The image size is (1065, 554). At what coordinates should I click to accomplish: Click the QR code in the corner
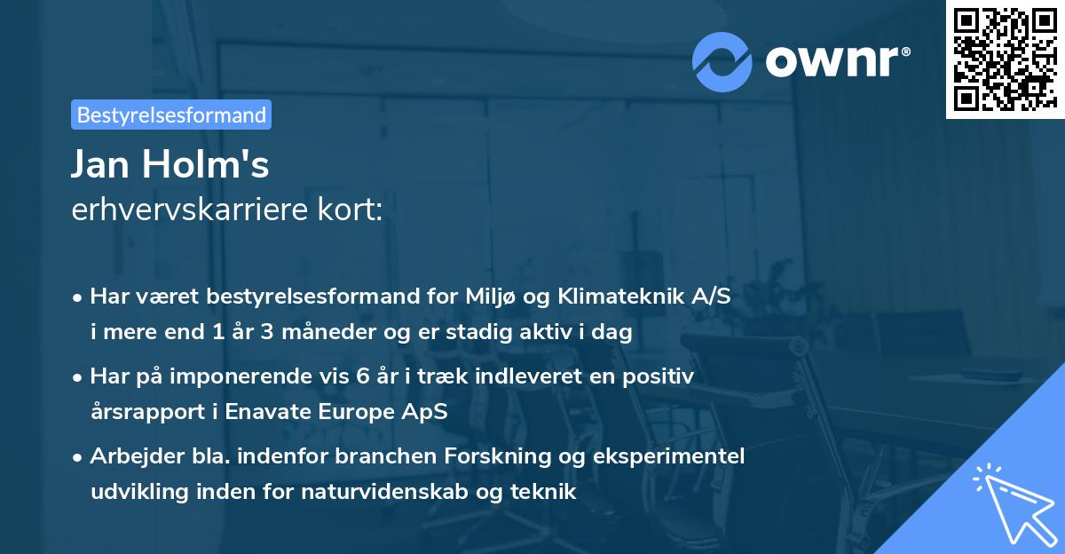tap(1005, 59)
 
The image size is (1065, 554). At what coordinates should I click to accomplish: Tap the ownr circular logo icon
tap(722, 61)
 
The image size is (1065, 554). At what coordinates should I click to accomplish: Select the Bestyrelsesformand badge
tap(171, 115)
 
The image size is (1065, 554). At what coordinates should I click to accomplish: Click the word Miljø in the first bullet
tap(493, 297)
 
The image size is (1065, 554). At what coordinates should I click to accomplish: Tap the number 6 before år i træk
tap(362, 376)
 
